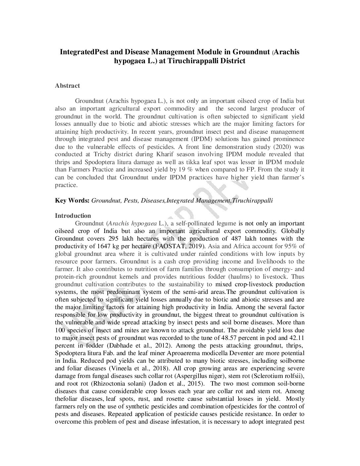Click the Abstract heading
coord(67,86)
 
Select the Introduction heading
coord(73,216)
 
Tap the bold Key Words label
coord(72,201)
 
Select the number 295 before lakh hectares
coord(114,239)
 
